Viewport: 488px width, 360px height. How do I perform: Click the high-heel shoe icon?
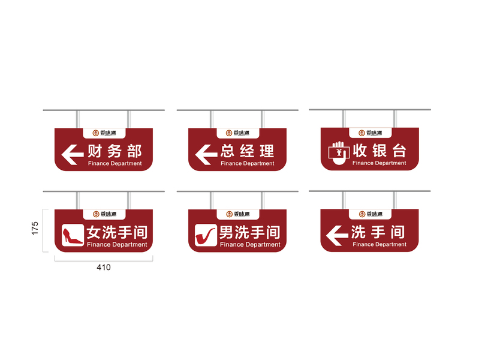(x=73, y=235)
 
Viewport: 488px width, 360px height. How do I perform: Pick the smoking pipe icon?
(x=206, y=235)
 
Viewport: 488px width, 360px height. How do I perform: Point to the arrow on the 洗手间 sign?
(x=337, y=235)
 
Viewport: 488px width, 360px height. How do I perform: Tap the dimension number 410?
(x=104, y=268)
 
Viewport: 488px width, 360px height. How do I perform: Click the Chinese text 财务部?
(x=115, y=151)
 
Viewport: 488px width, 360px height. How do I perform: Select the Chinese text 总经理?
(x=247, y=151)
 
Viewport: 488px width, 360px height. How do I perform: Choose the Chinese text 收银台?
(x=379, y=150)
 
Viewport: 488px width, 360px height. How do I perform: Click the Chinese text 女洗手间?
(x=117, y=232)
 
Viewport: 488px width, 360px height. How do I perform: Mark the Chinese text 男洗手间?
(x=249, y=232)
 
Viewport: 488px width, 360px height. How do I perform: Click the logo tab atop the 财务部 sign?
(x=104, y=133)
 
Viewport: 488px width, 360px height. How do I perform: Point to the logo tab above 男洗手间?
(x=236, y=214)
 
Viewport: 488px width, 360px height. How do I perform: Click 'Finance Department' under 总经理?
(x=247, y=163)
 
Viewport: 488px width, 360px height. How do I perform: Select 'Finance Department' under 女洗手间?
(x=117, y=245)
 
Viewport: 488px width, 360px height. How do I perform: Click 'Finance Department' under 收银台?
(x=379, y=163)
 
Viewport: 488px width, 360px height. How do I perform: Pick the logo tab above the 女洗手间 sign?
(x=104, y=214)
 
